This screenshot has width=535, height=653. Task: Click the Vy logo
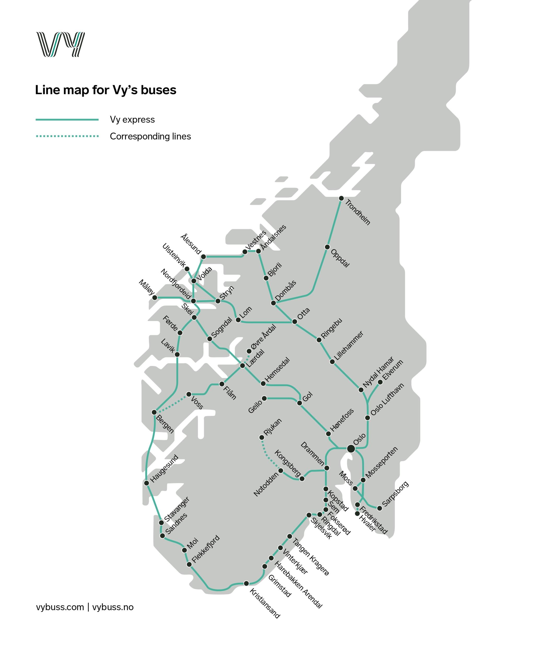click(x=60, y=44)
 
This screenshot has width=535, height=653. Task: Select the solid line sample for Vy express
click(x=67, y=120)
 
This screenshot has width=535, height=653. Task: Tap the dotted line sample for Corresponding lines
click(x=67, y=136)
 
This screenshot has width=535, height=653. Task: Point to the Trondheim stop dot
click(x=341, y=199)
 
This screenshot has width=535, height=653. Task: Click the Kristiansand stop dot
click(x=246, y=583)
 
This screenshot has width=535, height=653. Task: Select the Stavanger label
click(x=177, y=509)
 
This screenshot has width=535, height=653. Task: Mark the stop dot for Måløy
click(x=155, y=298)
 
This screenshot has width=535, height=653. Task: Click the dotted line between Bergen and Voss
click(x=172, y=403)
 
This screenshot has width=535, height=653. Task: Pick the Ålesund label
click(x=191, y=244)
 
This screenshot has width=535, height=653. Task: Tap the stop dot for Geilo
click(x=264, y=398)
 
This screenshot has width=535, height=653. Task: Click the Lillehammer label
click(x=349, y=346)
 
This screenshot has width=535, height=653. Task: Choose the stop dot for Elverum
click(x=380, y=382)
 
